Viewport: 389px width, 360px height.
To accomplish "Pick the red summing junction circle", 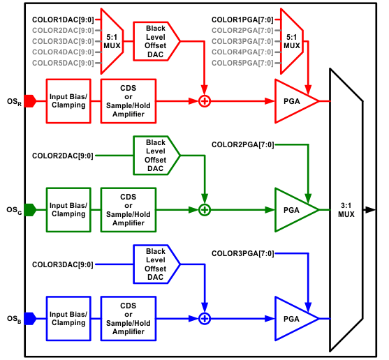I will [205, 101].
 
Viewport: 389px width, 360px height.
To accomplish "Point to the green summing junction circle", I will [205, 209].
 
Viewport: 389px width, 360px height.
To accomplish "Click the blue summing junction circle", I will [205, 318].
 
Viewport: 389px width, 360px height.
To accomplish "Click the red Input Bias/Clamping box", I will [68, 101].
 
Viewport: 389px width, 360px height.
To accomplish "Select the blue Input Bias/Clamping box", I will [68, 318].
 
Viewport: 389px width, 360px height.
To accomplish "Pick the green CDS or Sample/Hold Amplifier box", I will [128, 209].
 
